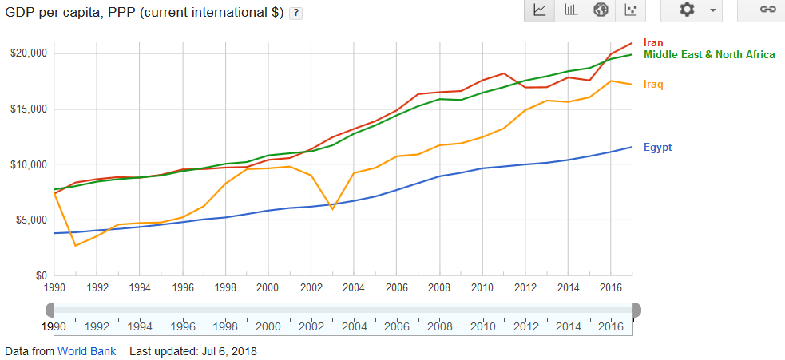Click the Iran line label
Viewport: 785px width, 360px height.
(653, 42)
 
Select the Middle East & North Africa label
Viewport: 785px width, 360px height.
(708, 54)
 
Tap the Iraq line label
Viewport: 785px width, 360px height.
(653, 84)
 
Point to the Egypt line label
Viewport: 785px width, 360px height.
(657, 147)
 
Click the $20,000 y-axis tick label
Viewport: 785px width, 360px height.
(30, 53)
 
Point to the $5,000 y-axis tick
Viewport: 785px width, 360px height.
(32, 220)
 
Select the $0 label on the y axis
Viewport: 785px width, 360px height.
(41, 275)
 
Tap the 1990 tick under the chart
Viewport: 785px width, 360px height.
(54, 287)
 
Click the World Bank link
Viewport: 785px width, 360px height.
(86, 351)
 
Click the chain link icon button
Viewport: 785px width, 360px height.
(767, 10)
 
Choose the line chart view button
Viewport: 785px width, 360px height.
(540, 10)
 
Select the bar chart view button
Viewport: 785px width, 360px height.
(570, 10)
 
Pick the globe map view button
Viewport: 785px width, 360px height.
(601, 10)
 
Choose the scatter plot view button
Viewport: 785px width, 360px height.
(631, 10)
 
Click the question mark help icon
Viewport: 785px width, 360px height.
(295, 14)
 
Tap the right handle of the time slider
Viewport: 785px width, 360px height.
(636, 310)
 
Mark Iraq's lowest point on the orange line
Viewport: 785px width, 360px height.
(76, 245)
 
